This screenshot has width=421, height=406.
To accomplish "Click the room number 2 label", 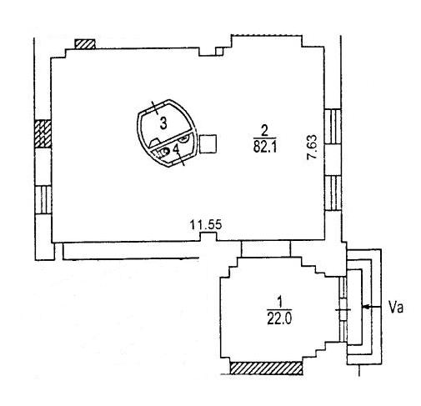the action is click(x=264, y=130).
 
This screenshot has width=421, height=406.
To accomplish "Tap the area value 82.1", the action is click(x=265, y=147).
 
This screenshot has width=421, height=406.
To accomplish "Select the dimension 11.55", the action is click(x=206, y=224).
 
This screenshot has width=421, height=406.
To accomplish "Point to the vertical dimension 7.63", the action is click(x=312, y=147).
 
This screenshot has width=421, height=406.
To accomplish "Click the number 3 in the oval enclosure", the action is click(x=163, y=123).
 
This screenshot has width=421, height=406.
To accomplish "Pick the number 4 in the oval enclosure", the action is click(x=176, y=150).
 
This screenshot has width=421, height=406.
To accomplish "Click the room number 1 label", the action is click(x=280, y=302).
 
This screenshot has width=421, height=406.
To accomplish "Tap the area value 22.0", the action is click(x=279, y=319).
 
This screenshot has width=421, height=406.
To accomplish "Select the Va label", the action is click(x=396, y=308).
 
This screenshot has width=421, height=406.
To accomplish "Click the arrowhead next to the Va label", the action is click(x=366, y=307).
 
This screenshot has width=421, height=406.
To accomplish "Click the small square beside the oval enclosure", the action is click(x=208, y=143).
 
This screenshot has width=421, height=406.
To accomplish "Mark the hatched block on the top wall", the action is click(x=85, y=44).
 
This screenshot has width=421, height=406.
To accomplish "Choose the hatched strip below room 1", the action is click(x=266, y=368).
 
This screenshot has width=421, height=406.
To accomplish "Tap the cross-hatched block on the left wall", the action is click(x=43, y=133).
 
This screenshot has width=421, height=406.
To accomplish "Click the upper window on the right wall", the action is click(x=333, y=126).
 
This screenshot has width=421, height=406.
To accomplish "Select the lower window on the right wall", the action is click(x=333, y=193).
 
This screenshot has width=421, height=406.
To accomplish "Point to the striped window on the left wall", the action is click(x=43, y=199).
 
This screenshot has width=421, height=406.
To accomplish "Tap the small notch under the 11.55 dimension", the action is click(x=208, y=236).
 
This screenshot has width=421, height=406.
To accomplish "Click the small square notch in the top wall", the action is click(x=219, y=52).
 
